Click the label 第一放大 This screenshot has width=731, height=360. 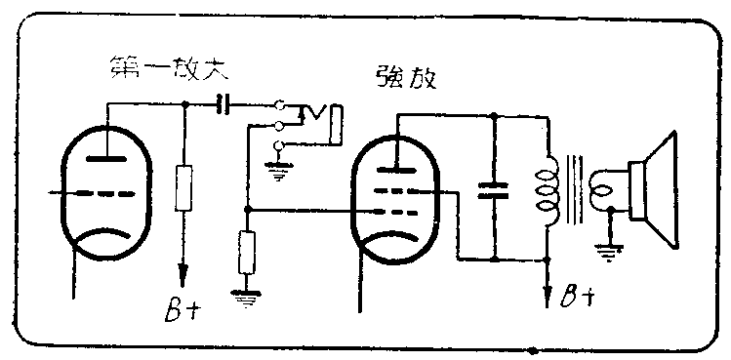(x=161, y=70)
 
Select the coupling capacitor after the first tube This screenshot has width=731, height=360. (x=226, y=103)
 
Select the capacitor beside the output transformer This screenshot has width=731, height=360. (x=496, y=188)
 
